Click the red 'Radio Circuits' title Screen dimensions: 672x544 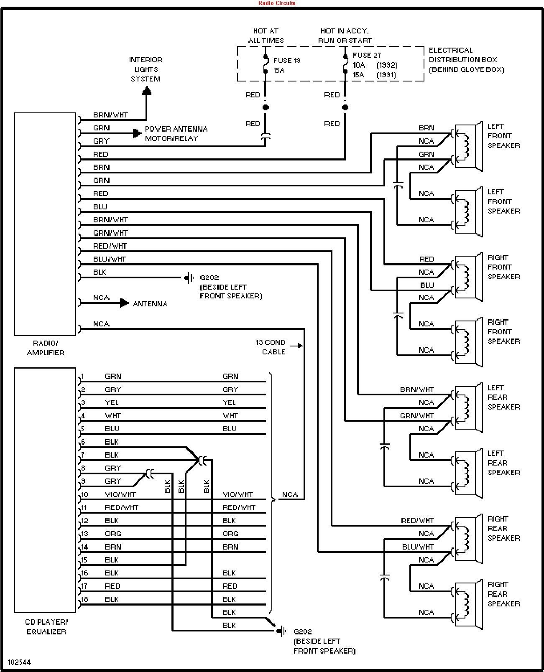276,3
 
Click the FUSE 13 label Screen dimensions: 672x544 286,61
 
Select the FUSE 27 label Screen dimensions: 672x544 366,55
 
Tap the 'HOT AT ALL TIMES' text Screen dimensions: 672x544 266,36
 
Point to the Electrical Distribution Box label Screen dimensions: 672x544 466,60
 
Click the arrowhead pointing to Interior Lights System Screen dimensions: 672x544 146,90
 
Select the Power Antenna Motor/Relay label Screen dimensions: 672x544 176,133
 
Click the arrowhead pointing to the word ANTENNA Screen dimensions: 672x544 124,303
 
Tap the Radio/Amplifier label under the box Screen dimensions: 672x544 46,347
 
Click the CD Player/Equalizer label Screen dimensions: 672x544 46,626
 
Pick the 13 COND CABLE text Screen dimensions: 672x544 271,347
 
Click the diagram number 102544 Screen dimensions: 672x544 19,662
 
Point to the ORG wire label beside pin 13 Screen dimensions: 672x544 112,534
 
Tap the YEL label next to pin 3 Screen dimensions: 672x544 111,402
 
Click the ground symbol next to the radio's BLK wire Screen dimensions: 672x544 189,277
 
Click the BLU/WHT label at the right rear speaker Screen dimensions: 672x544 418,547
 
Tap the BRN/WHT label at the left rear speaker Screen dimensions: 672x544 416,389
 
